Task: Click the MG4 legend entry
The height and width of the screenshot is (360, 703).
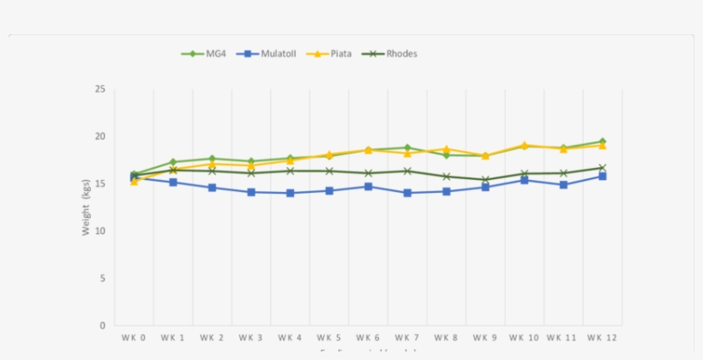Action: (204, 53)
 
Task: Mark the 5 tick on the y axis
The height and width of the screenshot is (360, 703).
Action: (102, 279)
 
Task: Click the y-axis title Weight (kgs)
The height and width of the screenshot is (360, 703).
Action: (86, 207)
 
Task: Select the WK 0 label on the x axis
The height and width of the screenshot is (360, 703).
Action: (134, 338)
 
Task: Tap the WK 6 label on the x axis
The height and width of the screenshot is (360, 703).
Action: (368, 338)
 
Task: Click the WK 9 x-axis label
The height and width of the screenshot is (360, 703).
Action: (484, 338)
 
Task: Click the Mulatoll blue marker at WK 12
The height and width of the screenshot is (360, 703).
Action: (602, 176)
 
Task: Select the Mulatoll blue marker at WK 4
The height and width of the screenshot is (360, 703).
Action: (290, 193)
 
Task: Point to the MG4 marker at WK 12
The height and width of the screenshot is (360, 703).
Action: (602, 141)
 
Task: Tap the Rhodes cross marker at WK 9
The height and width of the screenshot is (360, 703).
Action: (484, 180)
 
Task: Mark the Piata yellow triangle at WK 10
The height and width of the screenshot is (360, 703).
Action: (524, 146)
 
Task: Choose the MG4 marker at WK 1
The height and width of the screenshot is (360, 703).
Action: (173, 162)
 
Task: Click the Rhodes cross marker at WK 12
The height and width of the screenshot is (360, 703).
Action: (602, 168)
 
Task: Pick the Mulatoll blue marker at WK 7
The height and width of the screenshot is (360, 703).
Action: (406, 193)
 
